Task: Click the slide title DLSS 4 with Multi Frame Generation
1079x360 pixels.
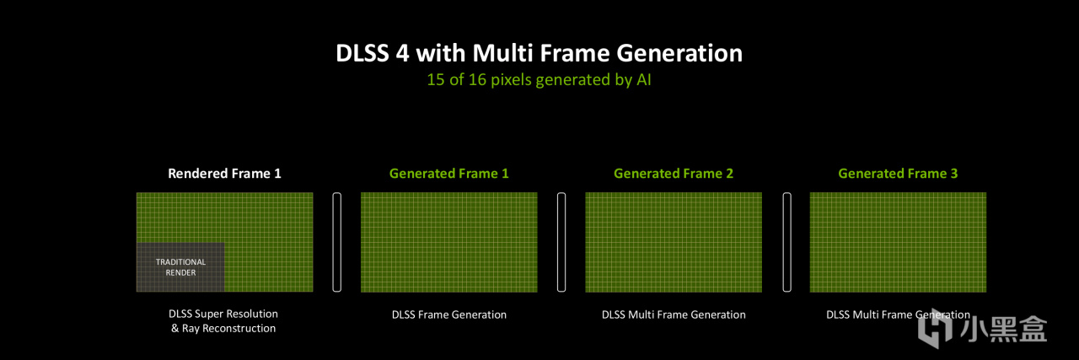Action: [539, 53]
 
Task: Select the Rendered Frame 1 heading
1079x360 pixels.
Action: [224, 174]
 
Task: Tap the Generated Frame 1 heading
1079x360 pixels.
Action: [449, 174]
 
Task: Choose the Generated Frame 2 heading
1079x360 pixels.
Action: [674, 174]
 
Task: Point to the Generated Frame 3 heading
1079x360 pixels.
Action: [898, 174]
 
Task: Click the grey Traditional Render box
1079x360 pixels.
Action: [180, 267]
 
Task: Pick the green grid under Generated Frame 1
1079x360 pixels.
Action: [449, 243]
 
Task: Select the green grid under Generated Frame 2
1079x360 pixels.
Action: [674, 243]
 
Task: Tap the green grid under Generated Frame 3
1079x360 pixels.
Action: [898, 243]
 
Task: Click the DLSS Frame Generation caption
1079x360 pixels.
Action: [449, 314]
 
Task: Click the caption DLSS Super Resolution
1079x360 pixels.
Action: [223, 314]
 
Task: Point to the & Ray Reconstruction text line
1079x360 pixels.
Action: [223, 328]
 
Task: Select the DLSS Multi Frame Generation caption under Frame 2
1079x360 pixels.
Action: [674, 314]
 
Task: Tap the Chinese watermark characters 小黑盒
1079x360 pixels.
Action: [1003, 329]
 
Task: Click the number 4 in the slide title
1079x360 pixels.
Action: [403, 53]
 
